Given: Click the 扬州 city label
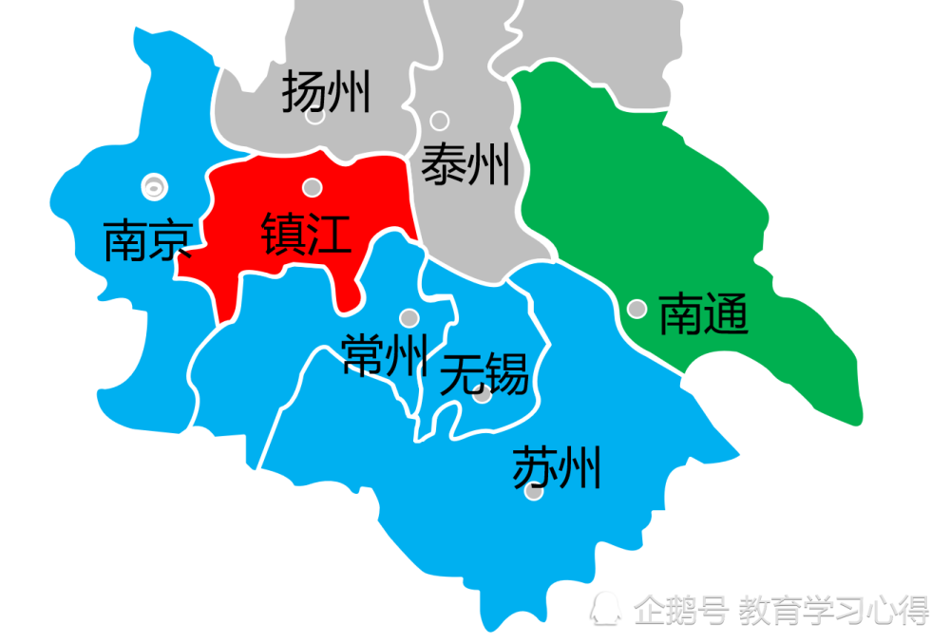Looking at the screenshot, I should (326, 93).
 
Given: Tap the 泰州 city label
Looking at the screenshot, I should (465, 165).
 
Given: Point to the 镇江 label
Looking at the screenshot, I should (307, 234).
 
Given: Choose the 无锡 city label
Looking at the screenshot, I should (484, 373).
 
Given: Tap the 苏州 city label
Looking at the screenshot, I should (557, 467).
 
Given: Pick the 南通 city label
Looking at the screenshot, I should (704, 313).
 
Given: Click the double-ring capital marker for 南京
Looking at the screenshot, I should (152, 187).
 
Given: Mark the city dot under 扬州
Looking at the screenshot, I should (315, 116).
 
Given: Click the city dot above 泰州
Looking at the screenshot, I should (439, 121).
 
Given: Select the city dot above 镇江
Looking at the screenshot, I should (312, 187).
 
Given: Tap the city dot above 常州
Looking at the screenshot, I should (409, 317).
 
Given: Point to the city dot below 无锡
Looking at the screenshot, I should (483, 394).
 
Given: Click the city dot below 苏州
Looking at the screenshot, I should (534, 492).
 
